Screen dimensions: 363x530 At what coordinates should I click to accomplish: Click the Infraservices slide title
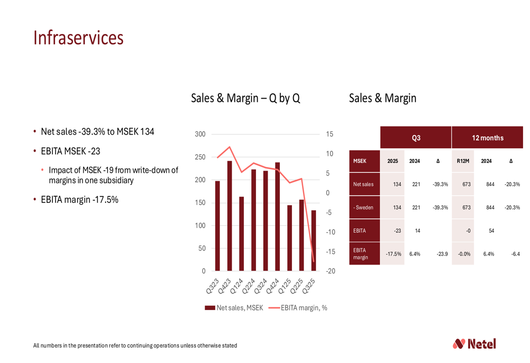78,38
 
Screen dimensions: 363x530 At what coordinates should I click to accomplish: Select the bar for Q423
229,216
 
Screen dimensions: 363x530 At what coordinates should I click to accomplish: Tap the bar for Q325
313,241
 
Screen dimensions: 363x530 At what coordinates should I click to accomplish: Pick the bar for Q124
242,234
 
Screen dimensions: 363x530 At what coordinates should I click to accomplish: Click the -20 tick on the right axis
330,271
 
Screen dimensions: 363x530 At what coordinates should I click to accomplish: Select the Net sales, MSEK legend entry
234,308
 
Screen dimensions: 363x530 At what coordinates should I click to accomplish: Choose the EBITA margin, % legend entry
298,308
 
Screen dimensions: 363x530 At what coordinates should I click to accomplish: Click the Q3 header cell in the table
416,138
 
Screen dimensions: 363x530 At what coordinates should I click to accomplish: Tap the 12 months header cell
487,138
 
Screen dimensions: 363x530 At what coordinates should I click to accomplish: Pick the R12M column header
463,161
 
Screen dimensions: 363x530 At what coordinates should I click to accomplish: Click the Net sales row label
364,184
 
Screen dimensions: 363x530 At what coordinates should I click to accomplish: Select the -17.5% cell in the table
393,254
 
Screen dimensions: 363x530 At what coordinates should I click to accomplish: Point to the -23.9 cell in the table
441,254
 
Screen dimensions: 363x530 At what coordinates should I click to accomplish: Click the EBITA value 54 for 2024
487,231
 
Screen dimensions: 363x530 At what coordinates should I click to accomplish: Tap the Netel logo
474,344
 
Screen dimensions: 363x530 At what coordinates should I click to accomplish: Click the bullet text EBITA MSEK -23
70,152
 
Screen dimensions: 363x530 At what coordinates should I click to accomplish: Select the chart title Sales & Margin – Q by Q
245,98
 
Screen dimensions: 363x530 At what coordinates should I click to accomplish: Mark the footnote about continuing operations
135,346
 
